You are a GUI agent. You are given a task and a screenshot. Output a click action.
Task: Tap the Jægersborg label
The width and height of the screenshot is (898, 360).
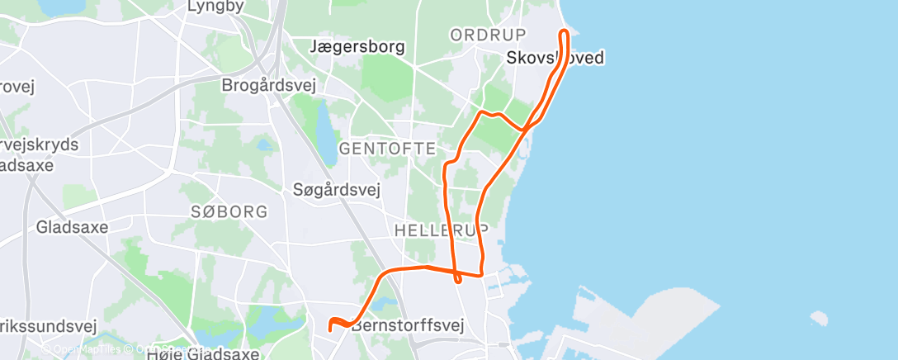[x=358, y=46]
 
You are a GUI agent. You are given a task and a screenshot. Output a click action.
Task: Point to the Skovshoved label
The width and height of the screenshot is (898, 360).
[x=555, y=58]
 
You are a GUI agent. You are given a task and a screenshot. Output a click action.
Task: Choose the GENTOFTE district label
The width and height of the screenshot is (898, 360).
[x=387, y=149]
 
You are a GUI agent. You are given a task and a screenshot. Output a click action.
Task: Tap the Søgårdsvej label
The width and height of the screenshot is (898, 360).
[x=336, y=190]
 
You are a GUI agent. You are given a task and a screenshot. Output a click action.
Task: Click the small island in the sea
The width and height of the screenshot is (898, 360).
[x=818, y=318]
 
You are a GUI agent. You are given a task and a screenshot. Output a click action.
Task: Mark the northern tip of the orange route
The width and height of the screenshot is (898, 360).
[x=565, y=32]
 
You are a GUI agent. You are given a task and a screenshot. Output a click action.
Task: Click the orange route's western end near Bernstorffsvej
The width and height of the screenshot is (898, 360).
[x=330, y=328]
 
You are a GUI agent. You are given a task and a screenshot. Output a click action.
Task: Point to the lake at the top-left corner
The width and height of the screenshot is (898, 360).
[x=58, y=7]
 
